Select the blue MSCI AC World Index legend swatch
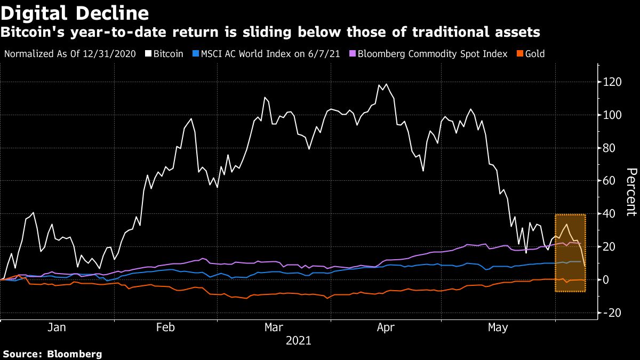click(x=195, y=54)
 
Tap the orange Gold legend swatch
click(x=519, y=54)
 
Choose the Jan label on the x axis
click(x=57, y=327)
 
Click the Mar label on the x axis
click(x=274, y=327)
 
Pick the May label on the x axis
click(x=498, y=327)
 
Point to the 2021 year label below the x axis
click(x=299, y=340)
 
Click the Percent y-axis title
click(x=631, y=192)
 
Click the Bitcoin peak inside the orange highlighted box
click(x=566, y=224)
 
